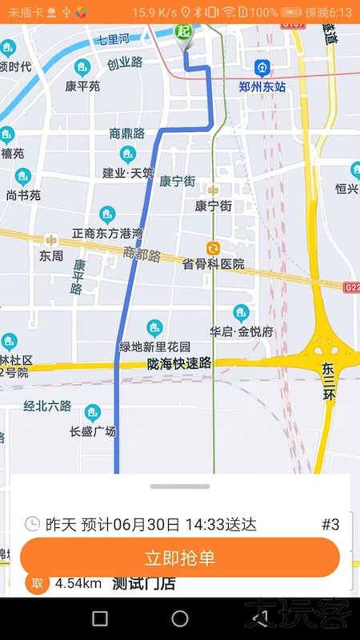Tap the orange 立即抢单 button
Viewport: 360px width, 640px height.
[x=180, y=558]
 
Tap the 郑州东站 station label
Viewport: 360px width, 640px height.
[x=262, y=86]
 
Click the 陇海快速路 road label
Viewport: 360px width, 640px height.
[x=179, y=364]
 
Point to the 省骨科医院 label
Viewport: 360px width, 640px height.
[x=214, y=264]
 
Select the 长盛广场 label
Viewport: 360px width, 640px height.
[x=93, y=431]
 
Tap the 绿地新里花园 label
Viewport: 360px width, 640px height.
[x=155, y=346]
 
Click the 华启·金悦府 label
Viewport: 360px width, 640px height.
[x=242, y=330]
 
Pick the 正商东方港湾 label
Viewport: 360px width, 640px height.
[x=107, y=233]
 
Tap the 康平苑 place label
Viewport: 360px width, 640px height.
[x=82, y=86]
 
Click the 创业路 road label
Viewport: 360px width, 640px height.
[x=125, y=62]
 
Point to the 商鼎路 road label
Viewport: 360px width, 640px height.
[x=126, y=134]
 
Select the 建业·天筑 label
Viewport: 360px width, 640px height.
[x=128, y=172]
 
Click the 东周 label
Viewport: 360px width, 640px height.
[x=51, y=256]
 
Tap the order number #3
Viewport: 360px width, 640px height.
[x=330, y=525]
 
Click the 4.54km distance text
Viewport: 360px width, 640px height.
[x=78, y=583]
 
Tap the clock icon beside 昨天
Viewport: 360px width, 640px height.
[x=32, y=525]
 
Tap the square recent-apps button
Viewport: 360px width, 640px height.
[x=100, y=618]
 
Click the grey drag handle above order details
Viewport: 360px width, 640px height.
[x=180, y=486]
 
